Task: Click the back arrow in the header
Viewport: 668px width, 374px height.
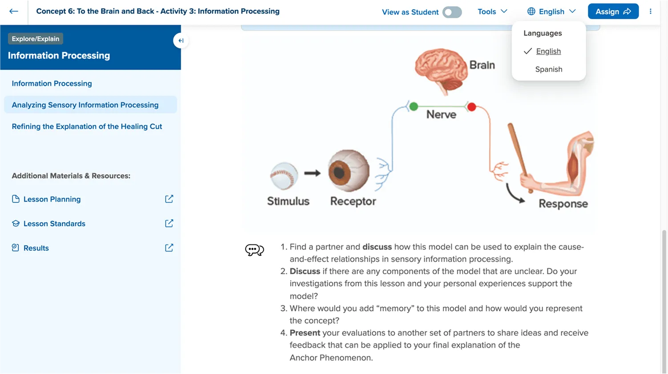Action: [14, 11]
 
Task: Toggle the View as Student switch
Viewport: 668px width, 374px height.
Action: [452, 12]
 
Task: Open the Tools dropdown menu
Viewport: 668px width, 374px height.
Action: [492, 12]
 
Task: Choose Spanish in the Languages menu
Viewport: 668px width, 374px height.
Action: [548, 69]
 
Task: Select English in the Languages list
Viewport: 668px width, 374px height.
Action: [548, 51]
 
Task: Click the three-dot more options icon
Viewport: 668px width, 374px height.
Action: [650, 12]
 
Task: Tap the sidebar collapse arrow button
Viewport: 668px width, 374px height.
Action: [181, 41]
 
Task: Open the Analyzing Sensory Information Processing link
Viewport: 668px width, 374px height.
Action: [85, 105]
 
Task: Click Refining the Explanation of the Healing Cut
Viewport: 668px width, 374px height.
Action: [87, 126]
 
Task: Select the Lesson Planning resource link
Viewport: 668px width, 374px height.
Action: [52, 199]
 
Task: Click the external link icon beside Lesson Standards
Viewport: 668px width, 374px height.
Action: [169, 223]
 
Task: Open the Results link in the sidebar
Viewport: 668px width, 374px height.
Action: [36, 248]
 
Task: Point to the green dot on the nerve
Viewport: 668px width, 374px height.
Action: [413, 106]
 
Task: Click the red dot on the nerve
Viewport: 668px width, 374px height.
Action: [471, 107]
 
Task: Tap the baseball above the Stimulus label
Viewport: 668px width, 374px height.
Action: [284, 175]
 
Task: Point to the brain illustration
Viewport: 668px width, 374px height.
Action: [441, 69]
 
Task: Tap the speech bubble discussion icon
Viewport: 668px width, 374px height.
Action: [255, 250]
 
